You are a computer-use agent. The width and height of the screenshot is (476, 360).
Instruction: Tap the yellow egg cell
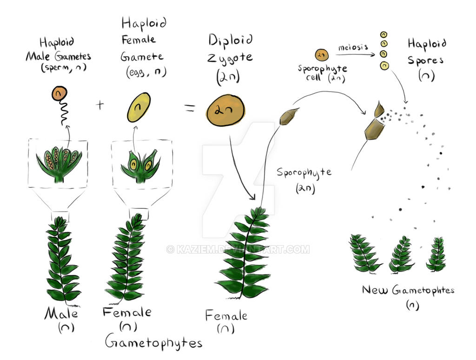point(139,107)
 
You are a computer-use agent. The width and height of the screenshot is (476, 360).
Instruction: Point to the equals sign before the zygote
point(190,109)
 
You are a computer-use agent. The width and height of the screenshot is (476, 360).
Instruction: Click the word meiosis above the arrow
point(354,47)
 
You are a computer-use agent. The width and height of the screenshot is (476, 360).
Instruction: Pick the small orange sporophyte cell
point(322,55)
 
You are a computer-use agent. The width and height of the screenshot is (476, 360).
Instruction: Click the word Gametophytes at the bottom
point(153,343)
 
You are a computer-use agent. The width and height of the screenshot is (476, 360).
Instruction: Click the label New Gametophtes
point(408,291)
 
